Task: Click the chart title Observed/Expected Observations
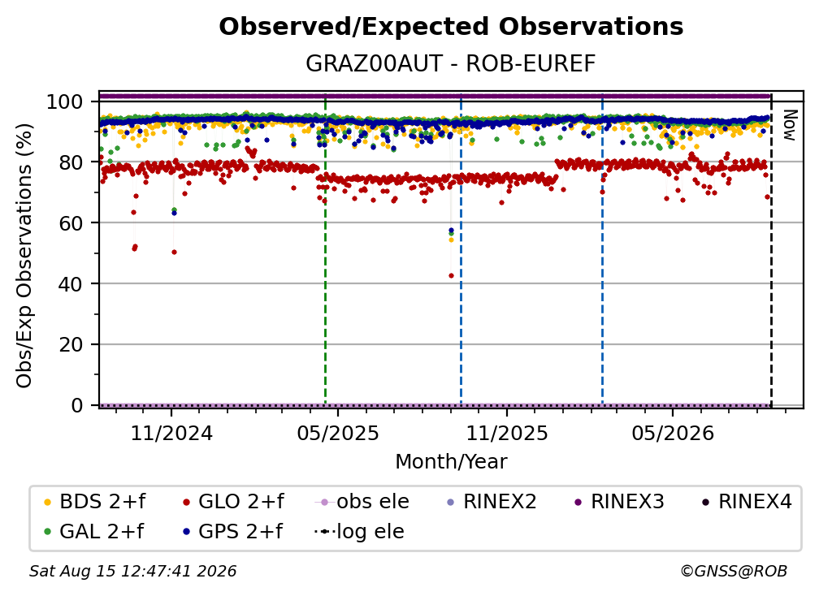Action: point(451,27)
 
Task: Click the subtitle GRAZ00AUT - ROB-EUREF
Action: point(450,64)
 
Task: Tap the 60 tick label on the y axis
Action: point(71,223)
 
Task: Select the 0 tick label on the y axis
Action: point(77,405)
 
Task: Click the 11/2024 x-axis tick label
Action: point(172,433)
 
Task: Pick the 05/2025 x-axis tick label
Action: point(338,433)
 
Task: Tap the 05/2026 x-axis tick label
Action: point(673,433)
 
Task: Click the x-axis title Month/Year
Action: point(451,461)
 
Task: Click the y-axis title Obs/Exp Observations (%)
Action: point(24,256)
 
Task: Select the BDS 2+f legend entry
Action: point(94,502)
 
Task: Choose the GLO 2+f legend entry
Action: point(233,502)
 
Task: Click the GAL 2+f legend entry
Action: point(93,531)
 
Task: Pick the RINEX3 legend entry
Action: point(619,502)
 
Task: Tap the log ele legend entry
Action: point(359,531)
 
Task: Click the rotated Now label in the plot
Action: point(790,125)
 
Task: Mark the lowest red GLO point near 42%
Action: point(451,275)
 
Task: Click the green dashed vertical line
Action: point(325,249)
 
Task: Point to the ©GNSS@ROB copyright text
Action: point(734,571)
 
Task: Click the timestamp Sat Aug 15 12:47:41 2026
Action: point(132,571)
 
